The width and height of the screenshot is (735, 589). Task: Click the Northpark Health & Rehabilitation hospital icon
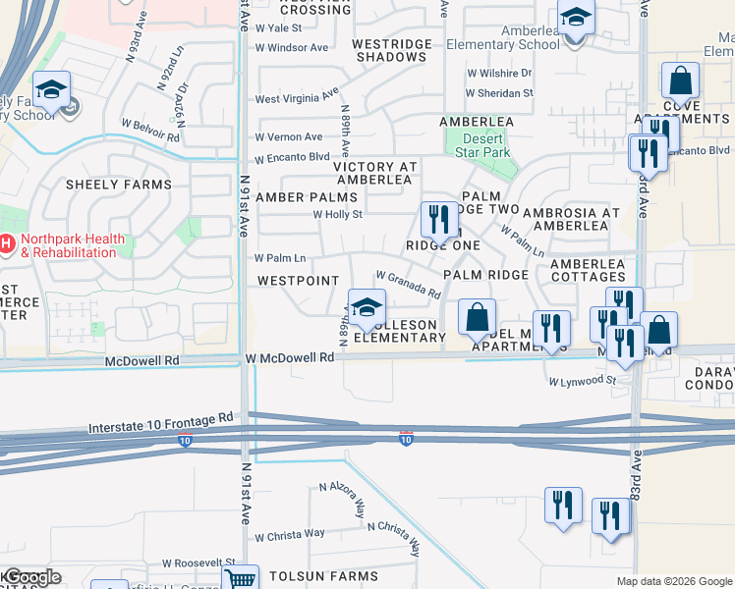[x=5, y=242]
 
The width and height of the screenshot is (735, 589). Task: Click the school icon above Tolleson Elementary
[x=367, y=308]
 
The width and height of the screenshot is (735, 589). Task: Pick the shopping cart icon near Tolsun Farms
[x=240, y=579]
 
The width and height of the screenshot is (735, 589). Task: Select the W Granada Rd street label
[x=407, y=286]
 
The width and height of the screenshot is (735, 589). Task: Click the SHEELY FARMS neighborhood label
[x=118, y=185]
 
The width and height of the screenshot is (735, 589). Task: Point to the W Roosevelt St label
[x=199, y=563]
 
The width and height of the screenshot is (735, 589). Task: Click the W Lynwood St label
[x=582, y=381]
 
